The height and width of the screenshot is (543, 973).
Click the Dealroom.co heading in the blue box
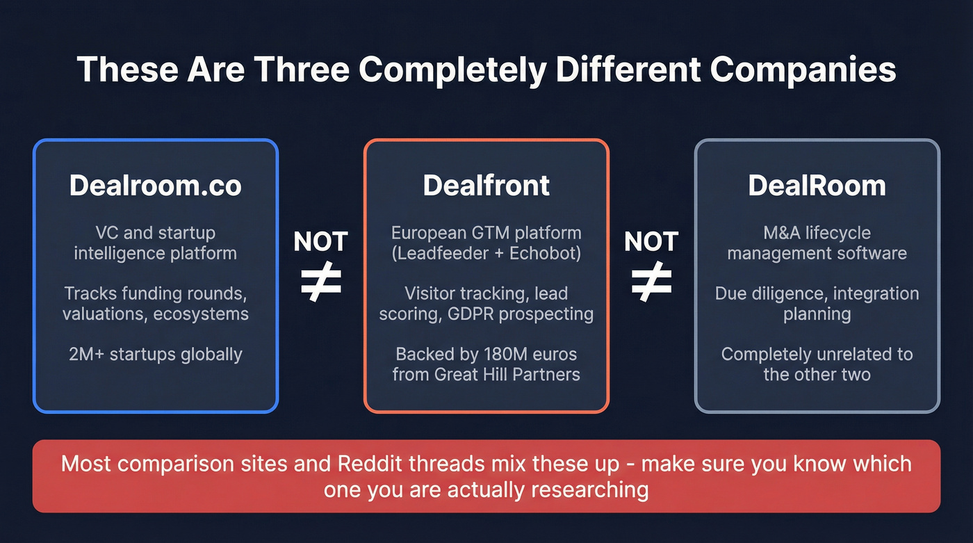coord(155,185)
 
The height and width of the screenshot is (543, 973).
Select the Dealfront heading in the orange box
coord(486,185)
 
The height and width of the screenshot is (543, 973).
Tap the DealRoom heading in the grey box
coord(817,185)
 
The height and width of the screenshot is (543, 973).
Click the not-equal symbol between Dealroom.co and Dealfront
coord(320,282)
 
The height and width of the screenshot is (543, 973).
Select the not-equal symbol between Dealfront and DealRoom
coord(651,282)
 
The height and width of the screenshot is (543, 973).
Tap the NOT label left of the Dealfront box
coord(320,242)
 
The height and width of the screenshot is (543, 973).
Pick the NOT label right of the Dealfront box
coord(651,242)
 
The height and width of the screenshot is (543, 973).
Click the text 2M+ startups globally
coord(155,354)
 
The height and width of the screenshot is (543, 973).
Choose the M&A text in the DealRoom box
coord(776,233)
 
